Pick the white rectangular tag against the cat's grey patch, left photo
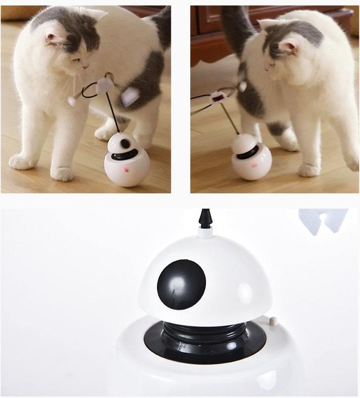click(130, 95)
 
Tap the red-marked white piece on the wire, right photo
click(218, 96)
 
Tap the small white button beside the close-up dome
click(273, 321)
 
